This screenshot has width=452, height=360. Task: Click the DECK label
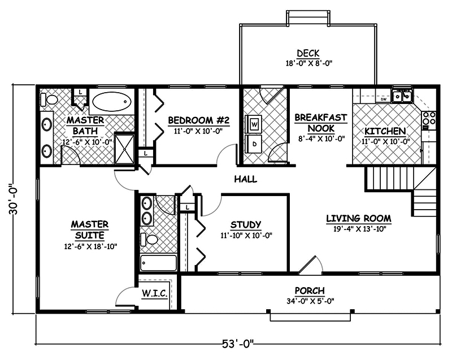click(307, 54)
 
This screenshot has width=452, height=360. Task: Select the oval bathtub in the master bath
click(111, 102)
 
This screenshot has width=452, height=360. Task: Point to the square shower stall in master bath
click(124, 148)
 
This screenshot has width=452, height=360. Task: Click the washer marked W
click(254, 123)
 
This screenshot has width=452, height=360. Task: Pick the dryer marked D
click(254, 144)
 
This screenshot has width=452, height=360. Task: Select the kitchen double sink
click(403, 97)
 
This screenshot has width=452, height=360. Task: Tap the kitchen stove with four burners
click(429, 119)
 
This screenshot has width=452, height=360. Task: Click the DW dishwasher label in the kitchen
click(384, 99)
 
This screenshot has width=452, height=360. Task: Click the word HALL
click(245, 180)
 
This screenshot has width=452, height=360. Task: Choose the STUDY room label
click(246, 225)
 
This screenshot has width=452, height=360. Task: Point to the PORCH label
click(310, 290)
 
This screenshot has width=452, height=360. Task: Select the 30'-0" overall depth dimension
click(20, 198)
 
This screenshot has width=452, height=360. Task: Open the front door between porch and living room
click(310, 264)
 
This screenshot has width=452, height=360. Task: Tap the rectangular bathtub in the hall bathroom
click(159, 263)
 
